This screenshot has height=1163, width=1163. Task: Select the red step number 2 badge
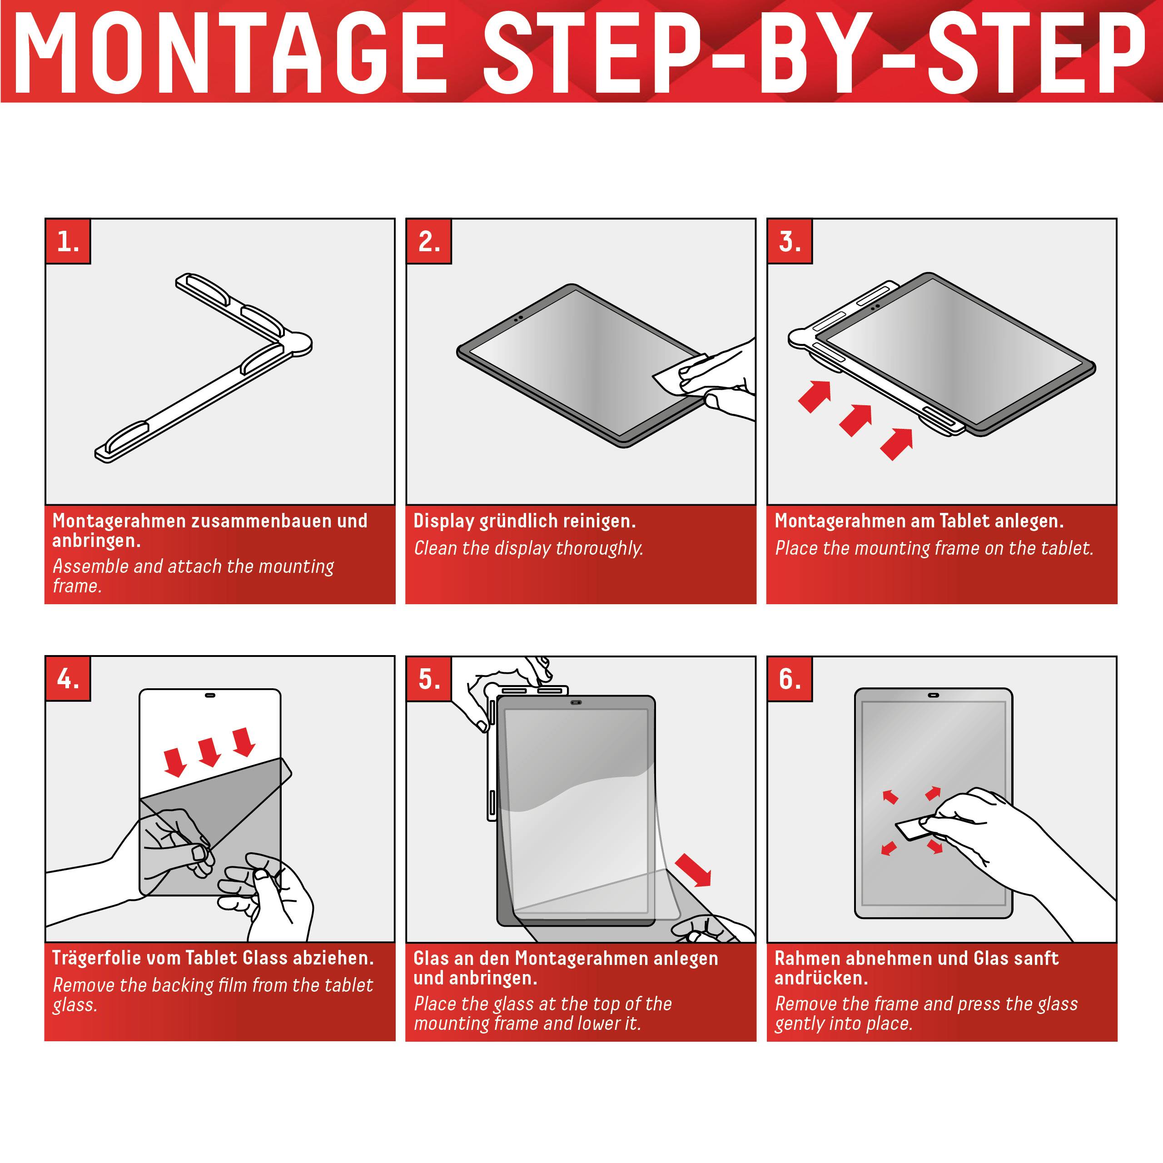428,241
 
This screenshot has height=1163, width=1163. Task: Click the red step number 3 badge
789,241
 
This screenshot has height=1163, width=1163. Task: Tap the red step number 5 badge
428,678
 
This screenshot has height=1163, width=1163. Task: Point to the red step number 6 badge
789,678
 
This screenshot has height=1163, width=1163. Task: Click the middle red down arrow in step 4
209,752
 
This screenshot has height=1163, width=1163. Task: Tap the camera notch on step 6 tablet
934,695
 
